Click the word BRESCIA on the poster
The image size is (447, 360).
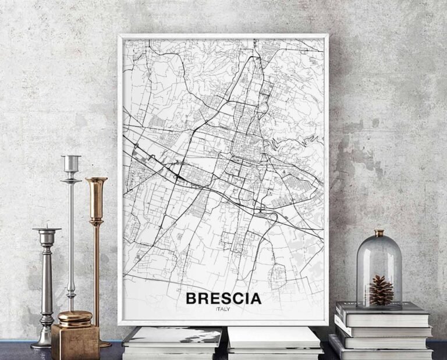[x=223, y=299]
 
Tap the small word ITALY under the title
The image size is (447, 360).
[x=222, y=309]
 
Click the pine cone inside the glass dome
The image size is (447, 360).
[x=381, y=290]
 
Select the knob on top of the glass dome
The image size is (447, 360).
[x=379, y=233]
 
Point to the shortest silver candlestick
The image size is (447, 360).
[x=47, y=285]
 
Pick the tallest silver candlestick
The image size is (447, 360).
[x=71, y=233]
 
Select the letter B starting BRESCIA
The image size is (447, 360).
[x=191, y=299]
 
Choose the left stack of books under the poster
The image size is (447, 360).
[x=173, y=343]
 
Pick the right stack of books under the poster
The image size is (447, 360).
[x=275, y=343]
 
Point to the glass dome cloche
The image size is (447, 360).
[x=379, y=268]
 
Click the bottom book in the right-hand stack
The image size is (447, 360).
[x=381, y=351]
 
